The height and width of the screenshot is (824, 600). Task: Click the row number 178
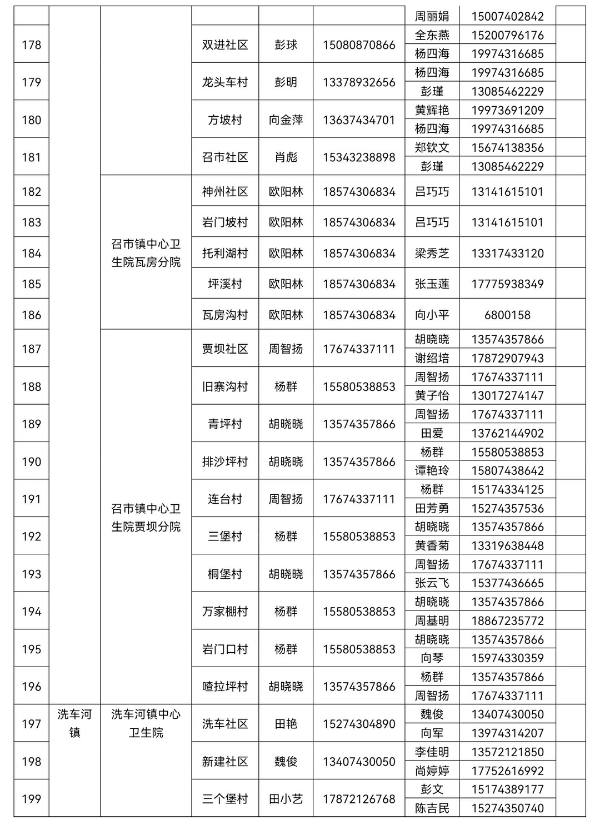(31, 45)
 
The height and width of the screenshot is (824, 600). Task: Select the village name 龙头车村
(225, 82)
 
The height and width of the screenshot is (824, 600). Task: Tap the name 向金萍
(286, 120)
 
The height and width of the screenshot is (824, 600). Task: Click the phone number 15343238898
(359, 157)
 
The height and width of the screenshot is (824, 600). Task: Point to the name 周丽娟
(432, 17)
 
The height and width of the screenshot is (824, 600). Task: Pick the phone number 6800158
(507, 315)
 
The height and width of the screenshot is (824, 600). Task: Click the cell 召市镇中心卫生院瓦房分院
(146, 253)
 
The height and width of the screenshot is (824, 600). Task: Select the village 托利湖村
(225, 254)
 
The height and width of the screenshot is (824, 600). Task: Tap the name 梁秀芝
(432, 254)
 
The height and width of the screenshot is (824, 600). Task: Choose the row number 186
(31, 315)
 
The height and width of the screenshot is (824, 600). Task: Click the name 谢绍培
(432, 359)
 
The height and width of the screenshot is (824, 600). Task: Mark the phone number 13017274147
(507, 396)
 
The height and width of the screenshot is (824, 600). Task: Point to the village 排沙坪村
(225, 462)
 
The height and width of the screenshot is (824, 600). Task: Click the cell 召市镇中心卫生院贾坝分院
(146, 518)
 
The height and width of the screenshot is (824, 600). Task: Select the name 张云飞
(432, 583)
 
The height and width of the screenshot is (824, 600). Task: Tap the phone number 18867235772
(507, 621)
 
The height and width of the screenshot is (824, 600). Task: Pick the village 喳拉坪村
(225, 687)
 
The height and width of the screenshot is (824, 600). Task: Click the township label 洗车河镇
(74, 723)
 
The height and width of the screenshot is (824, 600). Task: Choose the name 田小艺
(286, 799)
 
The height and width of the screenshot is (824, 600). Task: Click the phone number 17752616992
(507, 771)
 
